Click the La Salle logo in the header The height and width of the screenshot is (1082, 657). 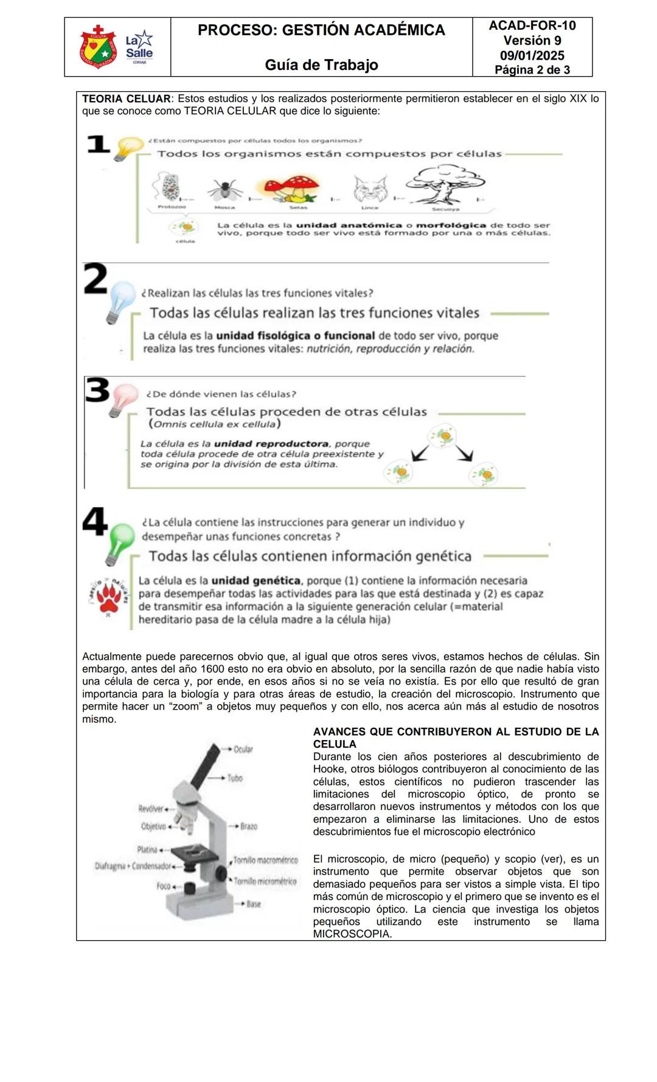[139, 47]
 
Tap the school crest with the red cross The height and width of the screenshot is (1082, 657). [97, 47]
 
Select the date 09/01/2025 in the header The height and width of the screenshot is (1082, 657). [532, 55]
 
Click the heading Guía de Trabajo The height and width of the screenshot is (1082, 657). [321, 65]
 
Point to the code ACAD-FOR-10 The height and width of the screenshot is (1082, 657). [532, 26]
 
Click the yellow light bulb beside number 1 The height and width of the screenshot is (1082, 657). [128, 148]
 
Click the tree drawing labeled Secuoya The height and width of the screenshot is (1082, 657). [445, 184]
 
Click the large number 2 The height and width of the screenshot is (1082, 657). [95, 279]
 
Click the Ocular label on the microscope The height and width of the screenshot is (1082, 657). [243, 749]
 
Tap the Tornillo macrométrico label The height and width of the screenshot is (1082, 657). [265, 860]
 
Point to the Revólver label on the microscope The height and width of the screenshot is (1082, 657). [151, 809]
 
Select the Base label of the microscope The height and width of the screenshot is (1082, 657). [253, 904]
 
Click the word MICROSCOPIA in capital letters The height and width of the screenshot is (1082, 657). [352, 934]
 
